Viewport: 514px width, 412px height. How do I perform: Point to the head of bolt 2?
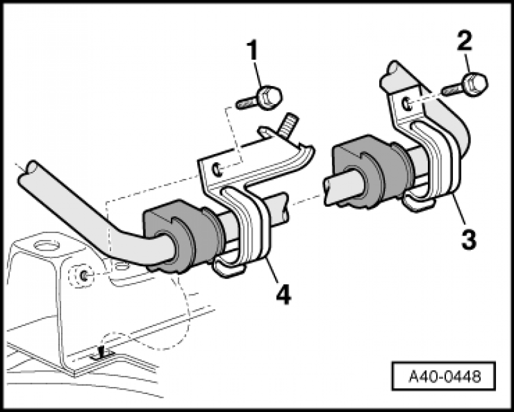477,83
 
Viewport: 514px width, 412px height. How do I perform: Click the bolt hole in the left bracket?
219,169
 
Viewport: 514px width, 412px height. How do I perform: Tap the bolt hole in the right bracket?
406,102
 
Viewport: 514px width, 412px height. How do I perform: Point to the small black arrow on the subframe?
101,351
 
